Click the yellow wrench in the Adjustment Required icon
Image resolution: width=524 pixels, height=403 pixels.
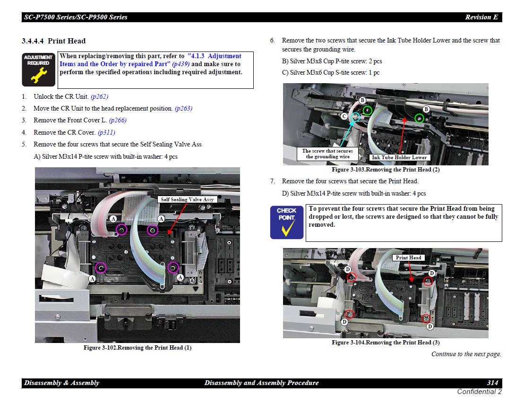point(39,75)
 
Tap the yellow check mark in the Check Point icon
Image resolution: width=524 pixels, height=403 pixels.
point(287,228)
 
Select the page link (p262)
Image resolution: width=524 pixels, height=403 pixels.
point(100,96)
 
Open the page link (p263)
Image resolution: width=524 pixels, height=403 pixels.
point(183,108)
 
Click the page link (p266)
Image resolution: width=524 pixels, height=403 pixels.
point(118,120)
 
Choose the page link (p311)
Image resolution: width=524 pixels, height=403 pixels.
point(106,133)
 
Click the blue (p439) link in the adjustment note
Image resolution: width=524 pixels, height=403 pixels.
point(181,64)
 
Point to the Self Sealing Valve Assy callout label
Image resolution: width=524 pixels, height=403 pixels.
point(187,199)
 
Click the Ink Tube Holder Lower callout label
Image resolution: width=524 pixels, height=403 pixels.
point(399,157)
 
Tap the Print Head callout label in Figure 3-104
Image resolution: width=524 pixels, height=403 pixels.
point(408,257)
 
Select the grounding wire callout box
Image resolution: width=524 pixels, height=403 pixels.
point(327,154)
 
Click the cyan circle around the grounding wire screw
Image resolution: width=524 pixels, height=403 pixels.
point(356,117)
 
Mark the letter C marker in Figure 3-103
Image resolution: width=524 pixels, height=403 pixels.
point(344,116)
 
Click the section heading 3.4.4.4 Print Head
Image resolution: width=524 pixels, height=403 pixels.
point(53,41)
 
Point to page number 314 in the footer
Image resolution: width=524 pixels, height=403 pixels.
point(493,383)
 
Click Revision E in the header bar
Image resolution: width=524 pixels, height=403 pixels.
point(481,17)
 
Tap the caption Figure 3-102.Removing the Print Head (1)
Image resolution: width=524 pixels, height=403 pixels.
point(137,348)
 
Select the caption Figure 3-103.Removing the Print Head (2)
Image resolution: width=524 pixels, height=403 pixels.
point(386,170)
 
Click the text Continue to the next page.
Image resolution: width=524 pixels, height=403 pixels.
point(466,354)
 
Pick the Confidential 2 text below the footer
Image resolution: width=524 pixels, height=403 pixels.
point(479,392)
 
